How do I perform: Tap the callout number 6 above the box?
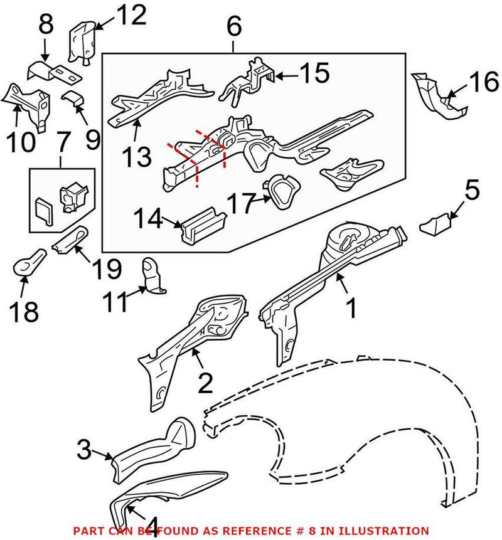(x=233, y=26)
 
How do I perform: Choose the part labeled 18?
(x=28, y=264)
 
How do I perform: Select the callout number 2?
(x=205, y=383)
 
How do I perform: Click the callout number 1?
(x=352, y=309)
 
